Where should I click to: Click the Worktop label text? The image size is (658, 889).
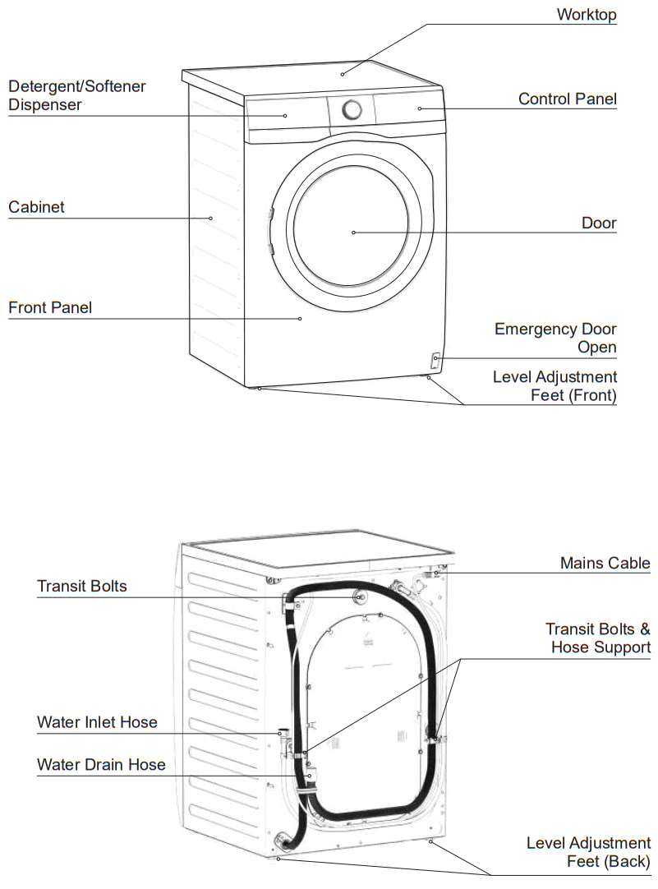586,15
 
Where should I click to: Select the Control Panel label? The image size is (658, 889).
567,99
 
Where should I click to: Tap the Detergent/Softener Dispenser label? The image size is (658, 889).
77,95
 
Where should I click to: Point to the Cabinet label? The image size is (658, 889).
36,207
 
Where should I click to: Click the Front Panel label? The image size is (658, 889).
50,308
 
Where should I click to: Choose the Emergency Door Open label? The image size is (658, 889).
555,338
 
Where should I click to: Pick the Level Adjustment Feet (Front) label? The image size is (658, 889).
554,386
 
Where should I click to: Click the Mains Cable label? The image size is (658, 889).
605,563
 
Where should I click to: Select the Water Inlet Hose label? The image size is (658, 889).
97,723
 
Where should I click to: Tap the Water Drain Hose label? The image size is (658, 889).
101,765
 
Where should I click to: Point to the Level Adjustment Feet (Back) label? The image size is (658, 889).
588,852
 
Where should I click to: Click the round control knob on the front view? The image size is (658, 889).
352,110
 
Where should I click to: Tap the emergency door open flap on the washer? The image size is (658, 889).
435,360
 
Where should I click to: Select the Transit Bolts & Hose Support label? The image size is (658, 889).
598,638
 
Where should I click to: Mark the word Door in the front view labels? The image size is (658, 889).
599,223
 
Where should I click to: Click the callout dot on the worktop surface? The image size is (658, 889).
343,74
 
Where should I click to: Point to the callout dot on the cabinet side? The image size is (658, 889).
210,218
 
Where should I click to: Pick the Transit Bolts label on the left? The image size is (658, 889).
82,586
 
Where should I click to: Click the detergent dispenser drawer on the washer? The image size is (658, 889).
285,115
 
